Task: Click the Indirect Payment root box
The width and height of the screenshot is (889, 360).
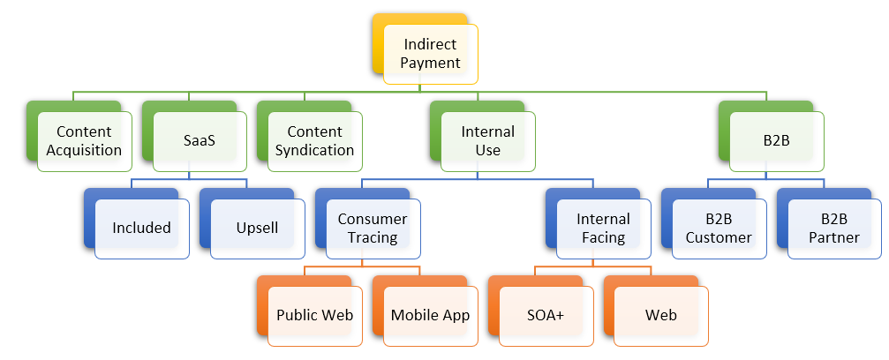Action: [432, 53]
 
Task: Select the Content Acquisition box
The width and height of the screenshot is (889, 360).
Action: [84, 140]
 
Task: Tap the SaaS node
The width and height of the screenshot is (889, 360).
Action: [198, 140]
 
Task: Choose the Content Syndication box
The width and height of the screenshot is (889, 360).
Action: [314, 140]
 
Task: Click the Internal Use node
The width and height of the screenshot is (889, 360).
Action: [487, 140]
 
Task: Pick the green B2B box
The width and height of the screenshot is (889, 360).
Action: [777, 140]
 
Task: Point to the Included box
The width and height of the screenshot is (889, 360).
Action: [141, 228]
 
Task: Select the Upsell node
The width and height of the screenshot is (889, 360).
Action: [257, 228]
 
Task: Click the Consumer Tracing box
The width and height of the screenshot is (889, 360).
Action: [373, 228]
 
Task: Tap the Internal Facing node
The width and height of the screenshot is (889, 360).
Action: [604, 228]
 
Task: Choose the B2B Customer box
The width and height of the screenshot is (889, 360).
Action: [719, 228]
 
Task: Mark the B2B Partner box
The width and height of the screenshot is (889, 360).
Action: [834, 228]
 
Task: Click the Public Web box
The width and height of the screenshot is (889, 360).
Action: [315, 315]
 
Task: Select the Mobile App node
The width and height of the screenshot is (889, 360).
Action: [430, 315]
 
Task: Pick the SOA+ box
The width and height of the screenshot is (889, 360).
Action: [546, 315]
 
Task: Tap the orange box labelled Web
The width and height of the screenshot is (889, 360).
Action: [661, 315]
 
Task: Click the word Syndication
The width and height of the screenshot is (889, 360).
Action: [314, 150]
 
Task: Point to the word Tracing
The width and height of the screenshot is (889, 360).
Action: [373, 237]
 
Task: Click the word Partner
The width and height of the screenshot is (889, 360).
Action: [834, 237]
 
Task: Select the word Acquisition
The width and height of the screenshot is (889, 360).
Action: [84, 150]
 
